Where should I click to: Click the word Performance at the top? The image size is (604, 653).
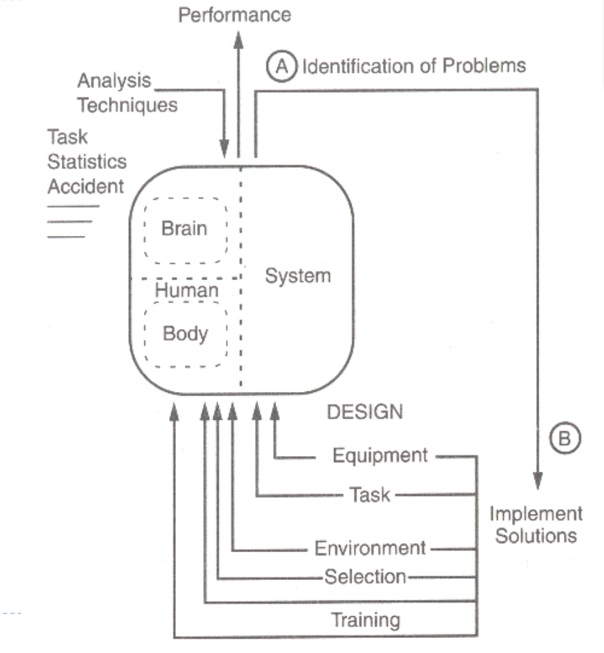(x=235, y=14)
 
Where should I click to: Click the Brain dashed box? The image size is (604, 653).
(x=185, y=229)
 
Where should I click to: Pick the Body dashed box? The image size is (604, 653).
(x=185, y=335)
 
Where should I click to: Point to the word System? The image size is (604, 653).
(x=298, y=276)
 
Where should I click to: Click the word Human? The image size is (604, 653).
(x=185, y=290)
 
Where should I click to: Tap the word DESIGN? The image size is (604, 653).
(x=365, y=412)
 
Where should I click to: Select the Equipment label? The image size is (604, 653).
(x=380, y=455)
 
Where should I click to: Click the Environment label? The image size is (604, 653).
(x=369, y=547)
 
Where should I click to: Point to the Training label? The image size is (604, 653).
(x=365, y=620)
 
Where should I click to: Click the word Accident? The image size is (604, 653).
(x=86, y=186)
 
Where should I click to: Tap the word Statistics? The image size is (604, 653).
(x=87, y=162)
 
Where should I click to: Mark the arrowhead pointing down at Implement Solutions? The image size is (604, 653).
(x=539, y=483)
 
